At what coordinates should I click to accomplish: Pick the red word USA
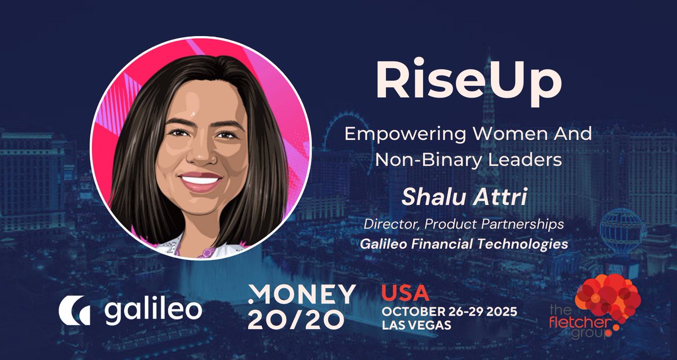click(405, 293)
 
